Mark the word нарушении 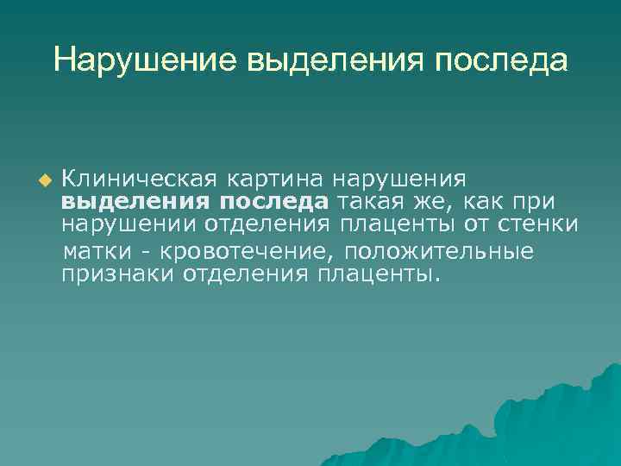coord(129,226)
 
